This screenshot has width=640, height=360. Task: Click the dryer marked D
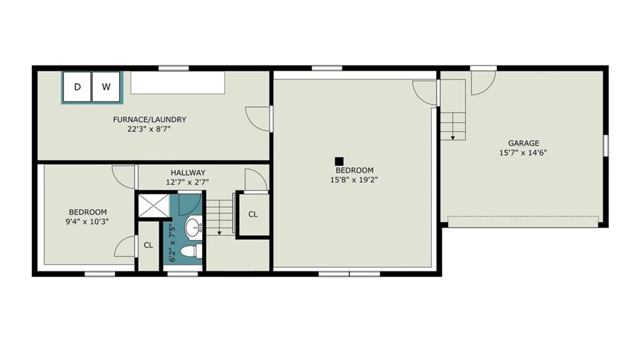tap(77, 87)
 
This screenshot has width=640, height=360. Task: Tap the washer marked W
tap(106, 87)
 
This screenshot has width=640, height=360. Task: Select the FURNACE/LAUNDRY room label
tap(149, 119)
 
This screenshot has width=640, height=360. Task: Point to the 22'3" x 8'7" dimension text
tap(149, 129)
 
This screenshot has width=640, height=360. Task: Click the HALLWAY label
tap(188, 173)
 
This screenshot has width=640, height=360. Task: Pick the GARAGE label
tap(523, 143)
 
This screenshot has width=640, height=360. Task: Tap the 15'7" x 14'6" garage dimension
tap(523, 153)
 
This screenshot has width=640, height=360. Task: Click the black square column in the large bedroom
tap(339, 161)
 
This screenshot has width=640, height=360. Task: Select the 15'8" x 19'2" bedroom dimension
tap(354, 180)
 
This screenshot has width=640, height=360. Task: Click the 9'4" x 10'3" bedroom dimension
tap(87, 221)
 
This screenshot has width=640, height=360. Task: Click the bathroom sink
tap(194, 227)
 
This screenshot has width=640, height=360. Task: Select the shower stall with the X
tap(154, 205)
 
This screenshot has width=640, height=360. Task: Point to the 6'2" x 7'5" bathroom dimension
tap(172, 243)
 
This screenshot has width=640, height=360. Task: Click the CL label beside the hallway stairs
tap(253, 214)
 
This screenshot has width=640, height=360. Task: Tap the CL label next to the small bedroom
tap(148, 245)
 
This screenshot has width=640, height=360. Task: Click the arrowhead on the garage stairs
tap(453, 138)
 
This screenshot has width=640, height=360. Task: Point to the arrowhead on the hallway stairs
tap(219, 233)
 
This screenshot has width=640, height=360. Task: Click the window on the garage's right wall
tap(606, 145)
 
